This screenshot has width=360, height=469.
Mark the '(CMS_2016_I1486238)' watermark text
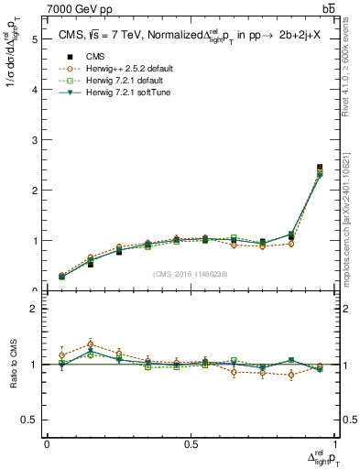pyautogui.click(x=191, y=273)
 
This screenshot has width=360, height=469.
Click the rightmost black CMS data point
pyautogui.click(x=320, y=168)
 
